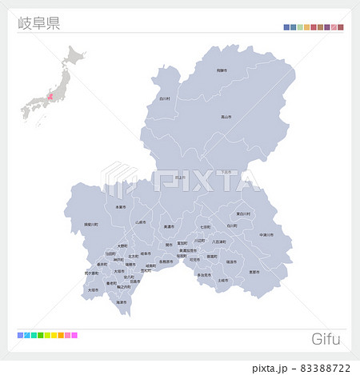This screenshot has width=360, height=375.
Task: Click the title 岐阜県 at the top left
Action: coord(38,22)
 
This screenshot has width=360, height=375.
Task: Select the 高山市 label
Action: coord(226,117)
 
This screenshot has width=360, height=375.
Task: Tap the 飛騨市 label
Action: coord(222,70)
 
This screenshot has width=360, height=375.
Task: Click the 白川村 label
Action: coord(165,98)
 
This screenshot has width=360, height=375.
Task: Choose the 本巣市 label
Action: coord(121,207)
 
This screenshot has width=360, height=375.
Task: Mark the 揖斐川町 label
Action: coord(91,225)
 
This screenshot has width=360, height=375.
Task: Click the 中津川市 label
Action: coord(266,235)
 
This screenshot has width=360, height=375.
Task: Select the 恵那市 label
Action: coord(254,272)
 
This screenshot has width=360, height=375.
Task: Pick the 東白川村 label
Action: coord(242,214)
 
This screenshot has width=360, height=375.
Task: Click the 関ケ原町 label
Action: coord(90,273)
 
